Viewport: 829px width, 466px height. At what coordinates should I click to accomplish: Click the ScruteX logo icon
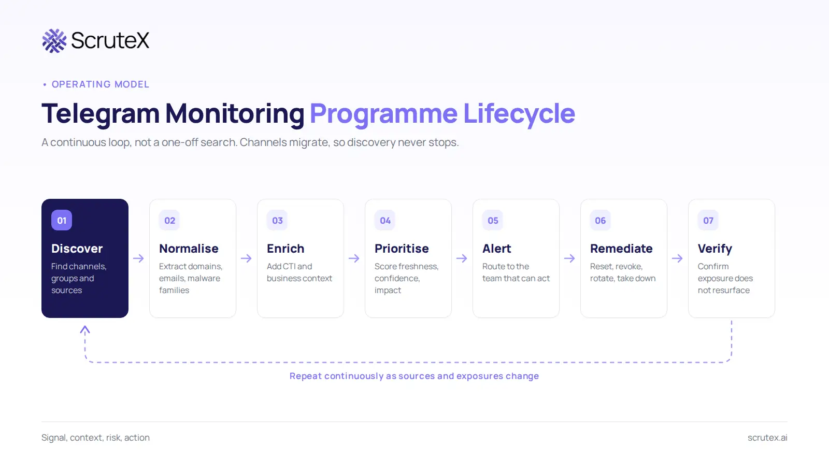pos(54,41)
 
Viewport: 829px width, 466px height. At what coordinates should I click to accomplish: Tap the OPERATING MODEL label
pos(101,84)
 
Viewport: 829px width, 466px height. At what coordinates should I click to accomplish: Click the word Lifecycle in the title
pos(519,113)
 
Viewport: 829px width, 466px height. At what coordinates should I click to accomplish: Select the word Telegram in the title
pos(101,113)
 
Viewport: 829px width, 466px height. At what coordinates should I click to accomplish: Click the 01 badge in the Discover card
pos(62,220)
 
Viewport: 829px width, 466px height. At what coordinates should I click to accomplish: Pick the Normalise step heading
pos(189,249)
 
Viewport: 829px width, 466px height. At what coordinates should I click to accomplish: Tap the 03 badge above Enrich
pos(277,220)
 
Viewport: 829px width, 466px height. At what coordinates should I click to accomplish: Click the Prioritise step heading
pos(402,249)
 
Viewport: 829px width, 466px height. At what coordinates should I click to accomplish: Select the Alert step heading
pos(497,249)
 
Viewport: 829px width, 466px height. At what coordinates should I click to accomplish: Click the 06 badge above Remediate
pos(601,220)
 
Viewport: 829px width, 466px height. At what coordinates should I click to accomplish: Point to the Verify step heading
pos(715,249)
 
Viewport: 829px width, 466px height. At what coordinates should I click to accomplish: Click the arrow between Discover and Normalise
pos(138,258)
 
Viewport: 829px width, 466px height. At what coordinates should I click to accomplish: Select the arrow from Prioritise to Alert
pos(462,258)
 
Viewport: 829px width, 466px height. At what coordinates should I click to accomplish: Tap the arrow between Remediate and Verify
pos(677,258)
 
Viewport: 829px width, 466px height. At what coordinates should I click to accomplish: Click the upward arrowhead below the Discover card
pos(85,329)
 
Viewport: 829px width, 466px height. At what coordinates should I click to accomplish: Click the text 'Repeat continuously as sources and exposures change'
pos(414,376)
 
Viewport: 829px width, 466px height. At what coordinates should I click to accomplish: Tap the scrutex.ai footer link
pos(767,438)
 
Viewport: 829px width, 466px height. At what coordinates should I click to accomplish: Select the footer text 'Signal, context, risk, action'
pos(95,438)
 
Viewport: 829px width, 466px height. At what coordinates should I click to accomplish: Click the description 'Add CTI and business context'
pos(299,272)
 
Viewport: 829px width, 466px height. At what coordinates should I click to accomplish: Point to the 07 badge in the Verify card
pos(708,220)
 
